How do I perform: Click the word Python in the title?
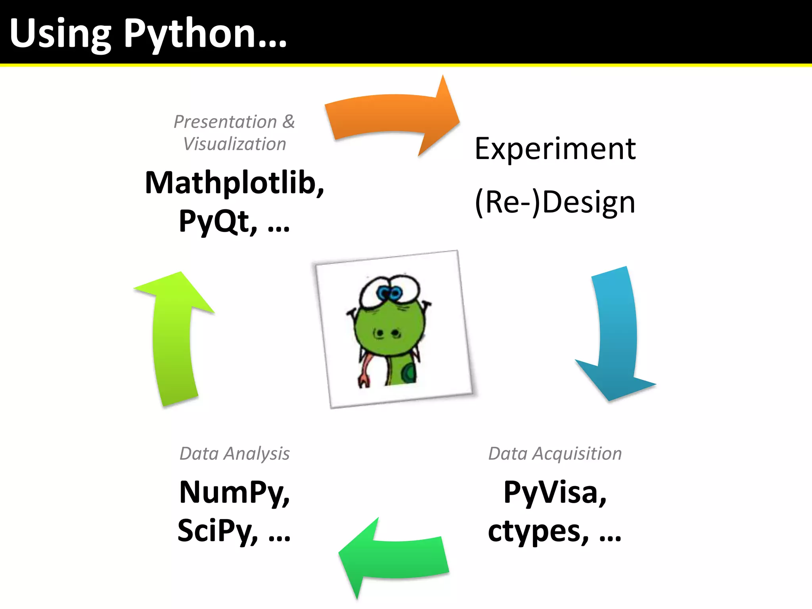tap(190, 35)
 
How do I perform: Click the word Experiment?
tap(555, 149)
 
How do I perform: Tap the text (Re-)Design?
tap(555, 202)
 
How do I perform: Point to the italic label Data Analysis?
tap(234, 453)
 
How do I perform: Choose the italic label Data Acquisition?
tap(555, 453)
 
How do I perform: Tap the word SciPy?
tap(217, 530)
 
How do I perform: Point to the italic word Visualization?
tap(234, 144)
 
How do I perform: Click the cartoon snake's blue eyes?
tap(389, 293)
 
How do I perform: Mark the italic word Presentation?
tap(225, 121)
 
